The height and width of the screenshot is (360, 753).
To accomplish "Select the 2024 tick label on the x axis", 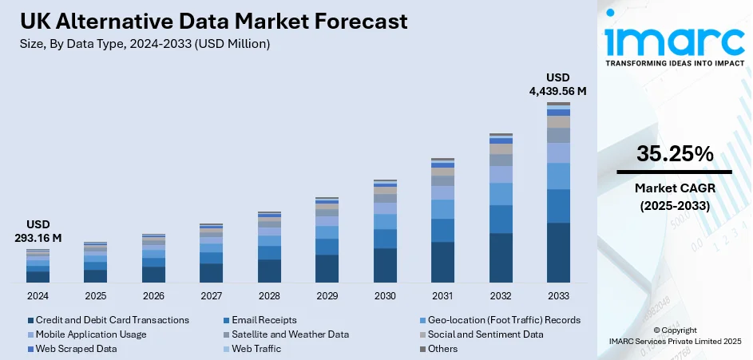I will coord(38,295).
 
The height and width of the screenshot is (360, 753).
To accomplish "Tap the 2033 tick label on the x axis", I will coord(558,295).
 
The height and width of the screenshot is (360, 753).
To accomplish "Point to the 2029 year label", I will coord(327,295).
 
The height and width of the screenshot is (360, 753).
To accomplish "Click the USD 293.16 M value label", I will coord(38,231).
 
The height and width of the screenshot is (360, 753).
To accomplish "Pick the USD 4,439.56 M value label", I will coord(557,85).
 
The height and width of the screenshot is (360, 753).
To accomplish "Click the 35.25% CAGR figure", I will coord(675,155).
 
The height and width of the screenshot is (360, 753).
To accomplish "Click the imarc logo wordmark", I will coord(674,40).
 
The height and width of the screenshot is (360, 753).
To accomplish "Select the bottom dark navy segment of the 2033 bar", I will coord(558,253).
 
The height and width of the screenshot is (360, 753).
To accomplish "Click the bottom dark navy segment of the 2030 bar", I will coord(385,266).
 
